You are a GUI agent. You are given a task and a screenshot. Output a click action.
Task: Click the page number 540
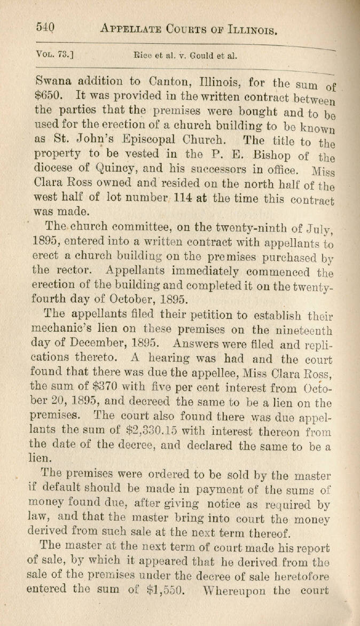(46, 26)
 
